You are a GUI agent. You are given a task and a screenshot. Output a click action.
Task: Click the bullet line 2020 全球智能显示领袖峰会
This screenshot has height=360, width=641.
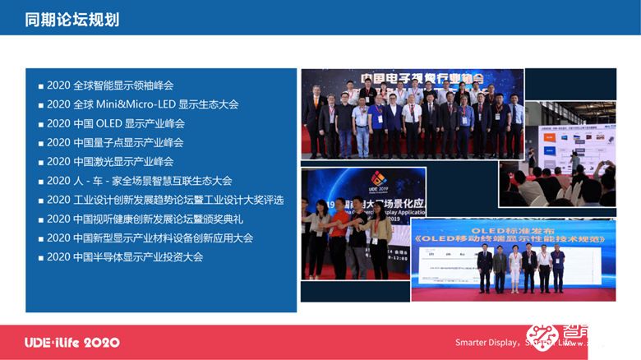point(110,85)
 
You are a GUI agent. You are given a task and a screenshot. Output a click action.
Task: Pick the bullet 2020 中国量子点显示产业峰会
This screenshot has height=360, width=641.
point(115,142)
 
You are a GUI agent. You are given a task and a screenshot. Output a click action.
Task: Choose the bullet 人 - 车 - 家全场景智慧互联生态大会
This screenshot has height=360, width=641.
point(139,181)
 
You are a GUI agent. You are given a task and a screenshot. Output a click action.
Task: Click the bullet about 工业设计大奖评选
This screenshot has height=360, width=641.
point(165,200)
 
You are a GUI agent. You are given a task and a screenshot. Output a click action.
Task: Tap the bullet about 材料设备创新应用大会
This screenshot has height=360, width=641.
point(150,238)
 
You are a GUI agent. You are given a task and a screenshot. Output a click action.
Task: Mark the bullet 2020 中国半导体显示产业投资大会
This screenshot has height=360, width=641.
point(125,256)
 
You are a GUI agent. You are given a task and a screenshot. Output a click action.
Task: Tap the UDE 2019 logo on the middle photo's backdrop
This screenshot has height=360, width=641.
point(378,181)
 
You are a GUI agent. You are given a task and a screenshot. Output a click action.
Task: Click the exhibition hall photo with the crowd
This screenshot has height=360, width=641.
point(567,156)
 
